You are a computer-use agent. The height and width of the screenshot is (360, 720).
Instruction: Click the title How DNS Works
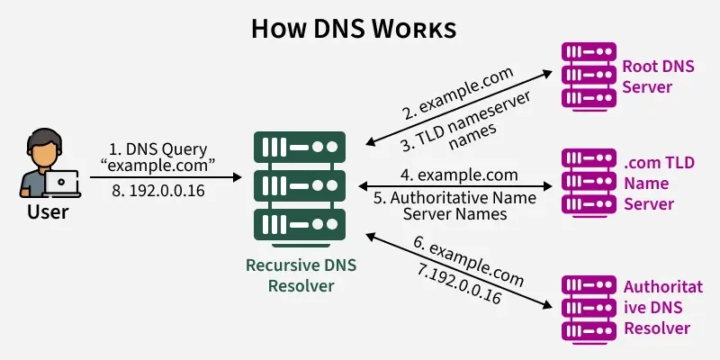coord(353,29)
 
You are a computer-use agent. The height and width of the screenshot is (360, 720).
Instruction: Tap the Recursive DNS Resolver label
coord(301,276)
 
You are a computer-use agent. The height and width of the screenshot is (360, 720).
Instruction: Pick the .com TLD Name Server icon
coord(586,184)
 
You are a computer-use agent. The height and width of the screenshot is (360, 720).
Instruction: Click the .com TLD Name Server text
coord(651,183)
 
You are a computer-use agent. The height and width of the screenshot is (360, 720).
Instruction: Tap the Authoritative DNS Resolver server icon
coord(586,309)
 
